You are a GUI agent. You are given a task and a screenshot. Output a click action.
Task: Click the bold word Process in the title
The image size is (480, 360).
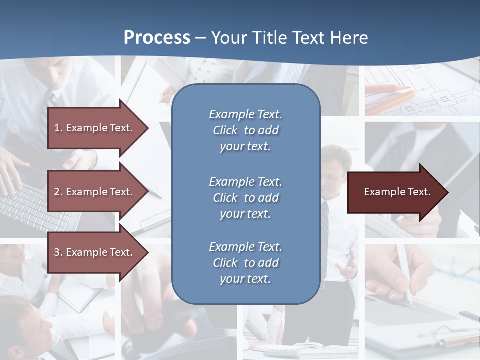157,38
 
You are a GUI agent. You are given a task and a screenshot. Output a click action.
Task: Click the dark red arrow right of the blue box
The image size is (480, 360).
395,192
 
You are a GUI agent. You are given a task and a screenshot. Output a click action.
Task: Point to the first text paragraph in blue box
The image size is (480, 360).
245,130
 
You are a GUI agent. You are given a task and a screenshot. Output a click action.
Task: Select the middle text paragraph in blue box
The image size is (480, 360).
245,198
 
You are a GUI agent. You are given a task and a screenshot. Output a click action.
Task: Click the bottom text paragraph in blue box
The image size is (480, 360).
245,263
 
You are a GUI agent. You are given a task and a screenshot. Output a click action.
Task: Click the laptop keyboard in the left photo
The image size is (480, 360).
25,205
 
